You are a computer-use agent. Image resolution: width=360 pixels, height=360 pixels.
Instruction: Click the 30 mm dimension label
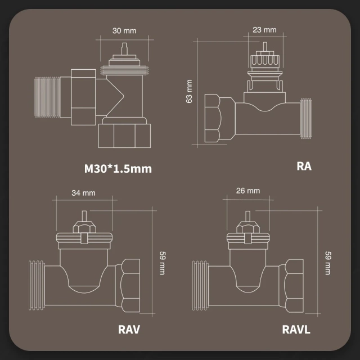(x=123, y=30)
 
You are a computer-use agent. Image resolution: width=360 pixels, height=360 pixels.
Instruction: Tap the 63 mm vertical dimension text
(x=190, y=92)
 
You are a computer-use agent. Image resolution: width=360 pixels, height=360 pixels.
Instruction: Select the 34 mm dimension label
(x=84, y=192)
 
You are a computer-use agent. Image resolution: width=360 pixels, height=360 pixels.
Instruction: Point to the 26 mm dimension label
(x=249, y=191)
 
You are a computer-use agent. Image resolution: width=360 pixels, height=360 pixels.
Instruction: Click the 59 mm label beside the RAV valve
(x=162, y=262)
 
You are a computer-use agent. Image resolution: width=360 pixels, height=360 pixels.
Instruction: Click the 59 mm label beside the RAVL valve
(x=328, y=263)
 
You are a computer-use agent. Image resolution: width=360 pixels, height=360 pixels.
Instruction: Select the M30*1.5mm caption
(x=118, y=168)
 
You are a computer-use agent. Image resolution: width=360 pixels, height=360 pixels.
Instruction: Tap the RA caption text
(x=303, y=166)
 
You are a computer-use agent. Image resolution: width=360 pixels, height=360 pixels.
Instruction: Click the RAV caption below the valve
(x=129, y=329)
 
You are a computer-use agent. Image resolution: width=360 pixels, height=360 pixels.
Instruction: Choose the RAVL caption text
(x=296, y=329)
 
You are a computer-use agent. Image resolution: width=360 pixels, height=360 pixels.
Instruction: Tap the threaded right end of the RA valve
(x=307, y=118)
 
